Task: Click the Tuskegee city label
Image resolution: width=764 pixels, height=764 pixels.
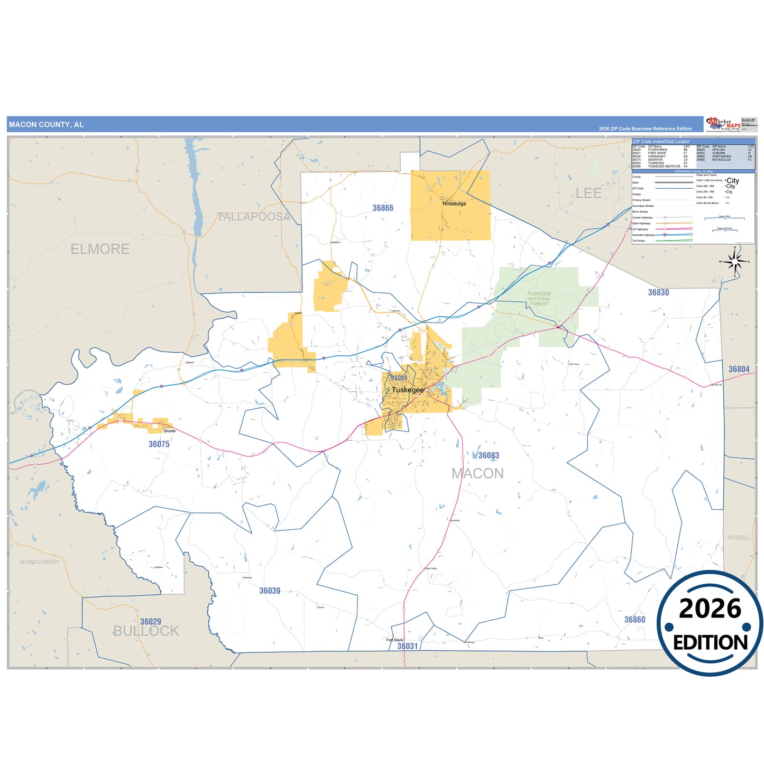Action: (x=408, y=390)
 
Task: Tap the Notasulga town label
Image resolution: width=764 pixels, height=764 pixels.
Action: (x=454, y=204)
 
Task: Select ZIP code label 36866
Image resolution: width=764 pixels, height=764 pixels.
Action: (x=383, y=208)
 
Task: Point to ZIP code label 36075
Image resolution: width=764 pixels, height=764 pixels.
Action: (x=159, y=444)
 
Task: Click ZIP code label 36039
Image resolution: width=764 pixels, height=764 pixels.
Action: (x=270, y=591)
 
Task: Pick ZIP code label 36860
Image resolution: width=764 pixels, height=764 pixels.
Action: (x=634, y=620)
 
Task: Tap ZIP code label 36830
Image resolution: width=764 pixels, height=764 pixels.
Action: (x=658, y=292)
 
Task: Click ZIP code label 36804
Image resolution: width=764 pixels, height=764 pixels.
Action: (x=739, y=369)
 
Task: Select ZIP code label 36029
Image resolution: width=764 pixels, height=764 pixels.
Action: (x=151, y=621)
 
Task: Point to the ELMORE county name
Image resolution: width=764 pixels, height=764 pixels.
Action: (x=100, y=249)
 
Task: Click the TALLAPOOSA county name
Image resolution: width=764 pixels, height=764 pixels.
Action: (x=254, y=217)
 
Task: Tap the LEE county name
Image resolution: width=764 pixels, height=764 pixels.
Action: (x=588, y=194)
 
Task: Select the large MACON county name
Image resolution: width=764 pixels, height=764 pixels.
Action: (x=477, y=474)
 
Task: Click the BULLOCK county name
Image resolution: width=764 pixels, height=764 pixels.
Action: (x=146, y=631)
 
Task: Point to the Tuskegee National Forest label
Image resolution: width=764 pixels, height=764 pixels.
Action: (x=539, y=299)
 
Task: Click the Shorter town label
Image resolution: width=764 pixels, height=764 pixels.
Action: (x=169, y=431)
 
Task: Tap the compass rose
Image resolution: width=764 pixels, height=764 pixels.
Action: (x=735, y=261)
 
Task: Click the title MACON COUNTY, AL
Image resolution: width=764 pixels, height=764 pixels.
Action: (x=47, y=125)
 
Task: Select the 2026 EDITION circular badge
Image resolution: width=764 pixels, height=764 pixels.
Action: (x=710, y=623)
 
